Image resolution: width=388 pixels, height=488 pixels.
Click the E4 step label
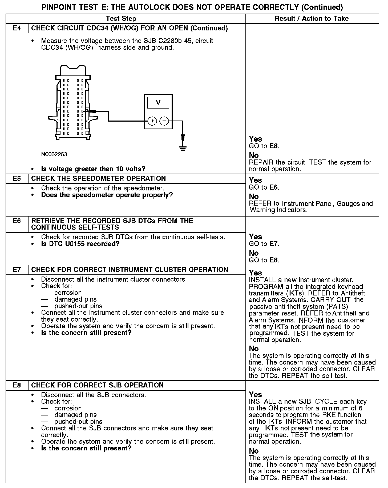[17, 28]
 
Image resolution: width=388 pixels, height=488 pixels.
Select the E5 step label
[17, 178]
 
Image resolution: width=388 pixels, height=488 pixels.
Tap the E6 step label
[17, 221]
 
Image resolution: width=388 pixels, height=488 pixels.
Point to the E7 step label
[17, 270]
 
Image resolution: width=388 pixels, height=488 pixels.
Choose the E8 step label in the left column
[17, 385]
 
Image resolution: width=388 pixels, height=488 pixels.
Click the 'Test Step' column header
[121, 18]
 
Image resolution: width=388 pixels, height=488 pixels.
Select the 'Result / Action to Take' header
[312, 18]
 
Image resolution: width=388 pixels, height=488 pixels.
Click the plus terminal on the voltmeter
[152, 121]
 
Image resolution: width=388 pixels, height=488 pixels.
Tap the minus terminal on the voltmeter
[164, 121]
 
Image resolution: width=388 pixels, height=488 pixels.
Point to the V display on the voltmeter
[158, 102]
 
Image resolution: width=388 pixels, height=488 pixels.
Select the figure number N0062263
[54, 154]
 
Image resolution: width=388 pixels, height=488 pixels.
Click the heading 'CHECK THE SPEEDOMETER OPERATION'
[98, 178]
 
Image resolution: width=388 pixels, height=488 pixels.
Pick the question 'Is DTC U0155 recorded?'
[80, 244]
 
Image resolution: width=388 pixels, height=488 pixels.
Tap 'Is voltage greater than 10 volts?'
[93, 169]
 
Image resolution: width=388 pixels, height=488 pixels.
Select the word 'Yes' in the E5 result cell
[255, 180]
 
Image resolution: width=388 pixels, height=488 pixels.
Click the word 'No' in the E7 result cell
[254, 349]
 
